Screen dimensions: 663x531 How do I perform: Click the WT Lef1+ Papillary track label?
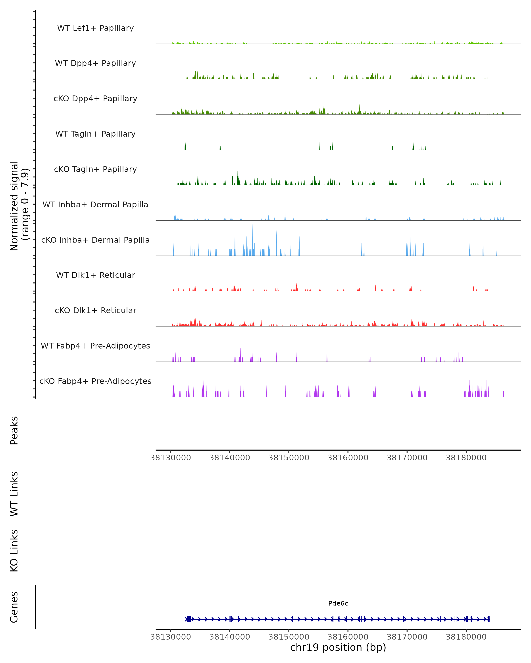click(x=95, y=28)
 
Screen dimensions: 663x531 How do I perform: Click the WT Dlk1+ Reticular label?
click(x=95, y=275)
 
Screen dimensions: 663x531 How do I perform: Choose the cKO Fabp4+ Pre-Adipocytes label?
click(x=95, y=381)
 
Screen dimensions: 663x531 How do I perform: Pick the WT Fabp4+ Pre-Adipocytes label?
click(x=95, y=346)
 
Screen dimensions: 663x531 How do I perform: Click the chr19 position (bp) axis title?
click(x=338, y=647)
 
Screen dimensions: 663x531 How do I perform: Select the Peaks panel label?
click(x=14, y=430)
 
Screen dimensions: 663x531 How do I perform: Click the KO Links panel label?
click(x=14, y=551)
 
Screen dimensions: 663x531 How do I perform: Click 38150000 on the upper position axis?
click(x=289, y=458)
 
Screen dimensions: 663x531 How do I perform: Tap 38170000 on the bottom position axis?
click(x=407, y=637)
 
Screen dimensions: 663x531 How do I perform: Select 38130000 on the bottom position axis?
click(x=171, y=637)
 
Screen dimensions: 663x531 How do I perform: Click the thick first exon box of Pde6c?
click(x=189, y=619)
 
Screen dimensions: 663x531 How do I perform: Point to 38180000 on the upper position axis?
click(x=466, y=458)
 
